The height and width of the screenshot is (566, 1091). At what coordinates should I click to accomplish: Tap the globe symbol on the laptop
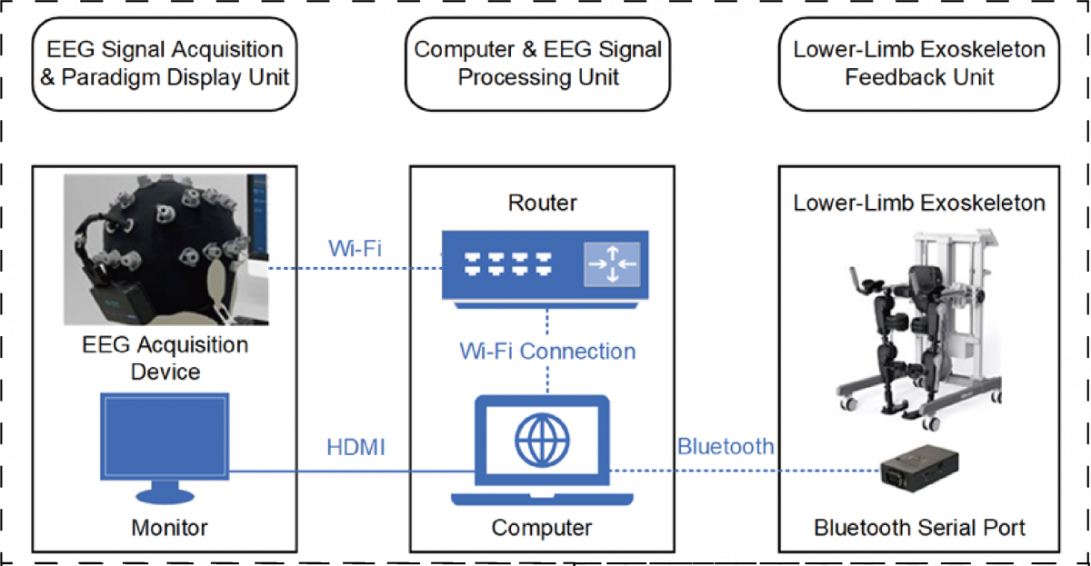542,441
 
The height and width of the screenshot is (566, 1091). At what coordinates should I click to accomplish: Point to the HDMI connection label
355,448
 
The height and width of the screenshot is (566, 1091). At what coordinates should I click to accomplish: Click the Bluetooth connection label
725,446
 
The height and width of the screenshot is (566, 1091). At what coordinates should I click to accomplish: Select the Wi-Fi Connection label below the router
546,351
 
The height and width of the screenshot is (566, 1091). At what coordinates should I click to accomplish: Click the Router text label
542,203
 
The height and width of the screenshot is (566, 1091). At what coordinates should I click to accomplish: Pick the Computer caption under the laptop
542,527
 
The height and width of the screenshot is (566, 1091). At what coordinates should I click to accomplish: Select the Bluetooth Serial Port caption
919,527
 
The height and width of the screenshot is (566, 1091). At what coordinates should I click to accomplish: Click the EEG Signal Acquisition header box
165,63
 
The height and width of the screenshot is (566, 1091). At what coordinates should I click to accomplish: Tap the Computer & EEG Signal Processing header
538,63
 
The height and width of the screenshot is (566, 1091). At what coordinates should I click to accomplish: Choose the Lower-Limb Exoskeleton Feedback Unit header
918,63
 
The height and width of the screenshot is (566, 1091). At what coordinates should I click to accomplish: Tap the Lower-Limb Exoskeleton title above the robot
918,203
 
